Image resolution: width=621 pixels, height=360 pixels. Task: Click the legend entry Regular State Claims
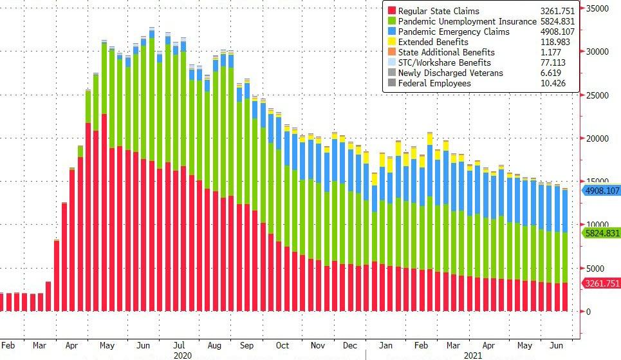pos(438,11)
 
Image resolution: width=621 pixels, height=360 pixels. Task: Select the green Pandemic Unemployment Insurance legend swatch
pos(390,21)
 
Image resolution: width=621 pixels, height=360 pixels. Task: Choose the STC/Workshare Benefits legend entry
pos(444,62)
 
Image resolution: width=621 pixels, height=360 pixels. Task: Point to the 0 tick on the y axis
pos(589,312)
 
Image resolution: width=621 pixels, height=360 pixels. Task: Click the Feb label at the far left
pos(8,346)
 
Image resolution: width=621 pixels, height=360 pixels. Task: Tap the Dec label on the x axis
pos(350,346)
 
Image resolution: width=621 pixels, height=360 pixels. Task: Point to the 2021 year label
pos(473,355)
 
